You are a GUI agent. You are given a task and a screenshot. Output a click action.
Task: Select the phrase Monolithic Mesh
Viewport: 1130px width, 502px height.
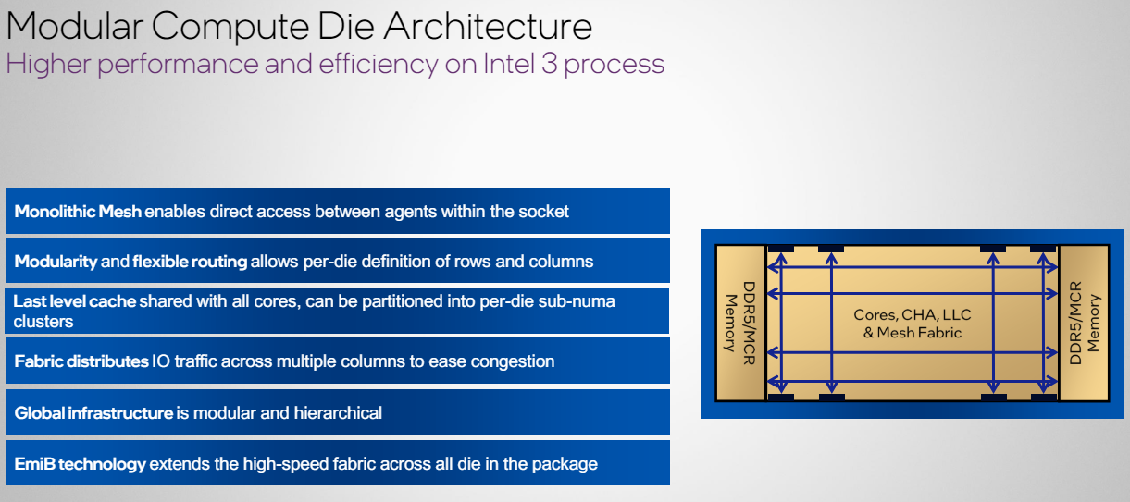78,212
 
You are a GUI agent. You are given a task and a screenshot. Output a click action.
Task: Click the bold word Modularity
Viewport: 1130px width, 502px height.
56,262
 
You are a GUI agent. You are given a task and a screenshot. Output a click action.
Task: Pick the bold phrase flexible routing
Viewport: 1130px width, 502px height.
190,262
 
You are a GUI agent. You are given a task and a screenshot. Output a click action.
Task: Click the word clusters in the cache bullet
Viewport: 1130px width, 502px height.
43,321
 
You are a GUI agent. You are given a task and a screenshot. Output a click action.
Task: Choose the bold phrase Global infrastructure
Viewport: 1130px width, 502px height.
93,413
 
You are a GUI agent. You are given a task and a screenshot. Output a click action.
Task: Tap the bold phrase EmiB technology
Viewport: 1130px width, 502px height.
80,464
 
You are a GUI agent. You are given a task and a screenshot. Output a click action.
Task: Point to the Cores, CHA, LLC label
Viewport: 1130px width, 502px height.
913,315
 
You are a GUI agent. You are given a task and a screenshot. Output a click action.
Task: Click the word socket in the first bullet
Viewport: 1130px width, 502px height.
542,212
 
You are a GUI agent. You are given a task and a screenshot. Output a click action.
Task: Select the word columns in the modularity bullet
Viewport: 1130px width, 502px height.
560,262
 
